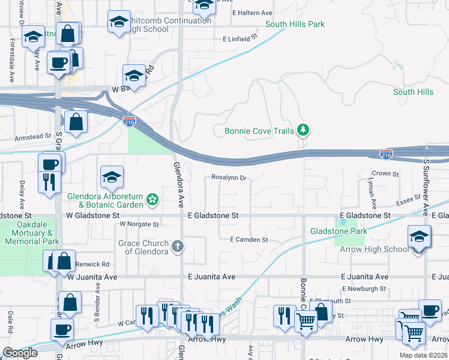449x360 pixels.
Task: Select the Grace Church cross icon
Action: (178, 246)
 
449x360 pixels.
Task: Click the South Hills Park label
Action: (295, 25)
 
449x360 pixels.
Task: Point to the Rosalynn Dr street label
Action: (229, 178)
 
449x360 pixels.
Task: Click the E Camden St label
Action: (249, 239)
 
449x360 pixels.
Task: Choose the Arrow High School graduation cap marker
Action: (419, 238)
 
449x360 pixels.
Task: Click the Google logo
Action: (20, 353)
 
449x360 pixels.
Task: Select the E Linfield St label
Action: (240, 38)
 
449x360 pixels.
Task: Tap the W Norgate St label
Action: (139, 224)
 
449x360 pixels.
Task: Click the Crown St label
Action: (385, 173)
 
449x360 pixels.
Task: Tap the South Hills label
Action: (413, 92)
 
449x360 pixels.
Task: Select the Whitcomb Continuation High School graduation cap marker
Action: (119, 23)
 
